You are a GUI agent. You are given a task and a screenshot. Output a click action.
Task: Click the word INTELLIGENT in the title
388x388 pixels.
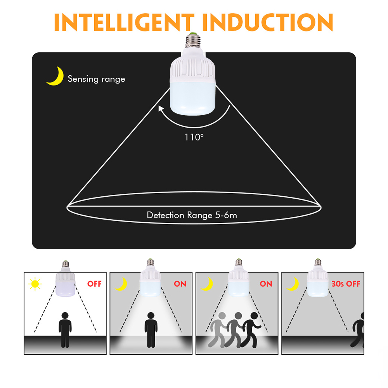(124, 22)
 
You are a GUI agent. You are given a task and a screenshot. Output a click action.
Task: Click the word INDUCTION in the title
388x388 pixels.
(268, 22)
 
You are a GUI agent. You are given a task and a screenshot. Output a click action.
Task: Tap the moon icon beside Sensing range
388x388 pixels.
(55, 76)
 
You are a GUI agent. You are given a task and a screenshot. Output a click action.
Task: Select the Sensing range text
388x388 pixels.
(97, 79)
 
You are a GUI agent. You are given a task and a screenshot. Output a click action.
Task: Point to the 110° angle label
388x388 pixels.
(194, 137)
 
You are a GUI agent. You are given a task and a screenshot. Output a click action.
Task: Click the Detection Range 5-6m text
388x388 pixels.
(192, 215)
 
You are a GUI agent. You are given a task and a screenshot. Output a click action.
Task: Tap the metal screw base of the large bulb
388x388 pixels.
(193, 40)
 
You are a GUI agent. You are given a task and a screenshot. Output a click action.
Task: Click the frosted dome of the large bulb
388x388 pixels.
(193, 99)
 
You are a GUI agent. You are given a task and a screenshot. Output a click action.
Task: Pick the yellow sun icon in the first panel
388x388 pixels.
(35, 284)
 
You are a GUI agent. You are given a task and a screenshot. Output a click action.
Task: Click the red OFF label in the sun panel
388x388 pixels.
(94, 284)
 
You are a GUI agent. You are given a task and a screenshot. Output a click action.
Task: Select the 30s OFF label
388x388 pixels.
(346, 284)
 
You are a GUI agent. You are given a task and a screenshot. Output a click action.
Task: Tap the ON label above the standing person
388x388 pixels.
(180, 284)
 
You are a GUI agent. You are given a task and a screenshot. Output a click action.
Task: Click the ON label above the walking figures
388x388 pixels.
(266, 284)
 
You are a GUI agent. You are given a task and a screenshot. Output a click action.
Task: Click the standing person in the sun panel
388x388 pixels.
(65, 330)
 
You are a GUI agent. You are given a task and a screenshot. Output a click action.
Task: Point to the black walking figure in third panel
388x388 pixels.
(251, 330)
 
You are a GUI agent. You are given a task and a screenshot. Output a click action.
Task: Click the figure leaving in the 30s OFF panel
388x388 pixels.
(358, 330)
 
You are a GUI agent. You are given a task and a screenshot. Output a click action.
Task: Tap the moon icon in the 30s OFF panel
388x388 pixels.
(293, 284)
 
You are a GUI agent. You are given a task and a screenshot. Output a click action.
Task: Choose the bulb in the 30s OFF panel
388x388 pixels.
(318, 278)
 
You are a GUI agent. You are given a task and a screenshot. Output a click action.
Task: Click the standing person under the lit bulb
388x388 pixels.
(151, 330)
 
